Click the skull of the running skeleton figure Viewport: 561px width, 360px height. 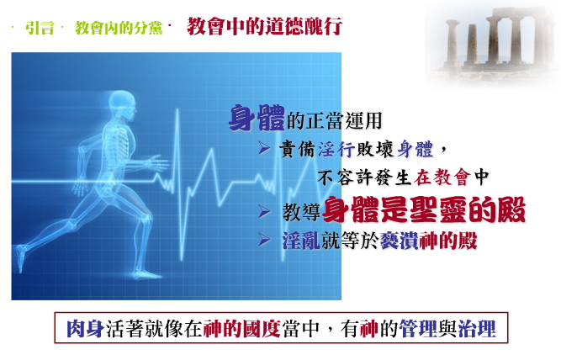(x=122, y=104)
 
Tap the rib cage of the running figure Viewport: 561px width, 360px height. (x=120, y=140)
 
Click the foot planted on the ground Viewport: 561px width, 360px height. (x=146, y=275)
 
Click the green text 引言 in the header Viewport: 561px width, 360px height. (x=40, y=28)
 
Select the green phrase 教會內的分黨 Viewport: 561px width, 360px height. (x=119, y=28)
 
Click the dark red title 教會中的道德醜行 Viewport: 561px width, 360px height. (x=264, y=26)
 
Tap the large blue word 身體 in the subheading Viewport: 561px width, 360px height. (x=257, y=118)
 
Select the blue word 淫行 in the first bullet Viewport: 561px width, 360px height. (x=336, y=149)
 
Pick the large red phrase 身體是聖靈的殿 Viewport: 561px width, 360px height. (x=424, y=209)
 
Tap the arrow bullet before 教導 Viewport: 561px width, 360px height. (x=264, y=212)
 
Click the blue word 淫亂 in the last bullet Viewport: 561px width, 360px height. (x=301, y=241)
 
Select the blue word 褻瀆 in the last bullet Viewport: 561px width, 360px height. (x=400, y=241)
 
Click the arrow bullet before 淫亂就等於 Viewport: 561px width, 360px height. (x=264, y=240)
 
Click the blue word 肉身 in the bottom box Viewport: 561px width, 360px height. (x=85, y=329)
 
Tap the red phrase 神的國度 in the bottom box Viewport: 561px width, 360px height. (x=242, y=329)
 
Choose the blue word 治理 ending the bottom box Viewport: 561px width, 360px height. (x=477, y=329)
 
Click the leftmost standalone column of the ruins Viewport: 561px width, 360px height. (x=453, y=42)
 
